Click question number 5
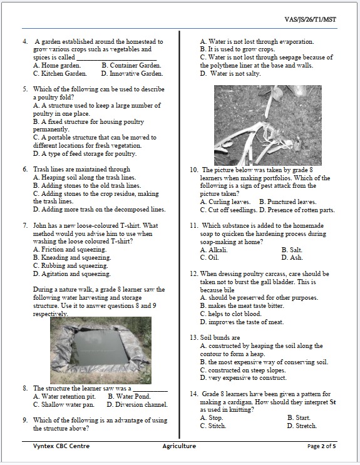(25, 89)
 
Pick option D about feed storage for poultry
(85, 153)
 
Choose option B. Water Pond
(129, 396)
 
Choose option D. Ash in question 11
(292, 257)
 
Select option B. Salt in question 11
(292, 250)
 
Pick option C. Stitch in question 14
(212, 426)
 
